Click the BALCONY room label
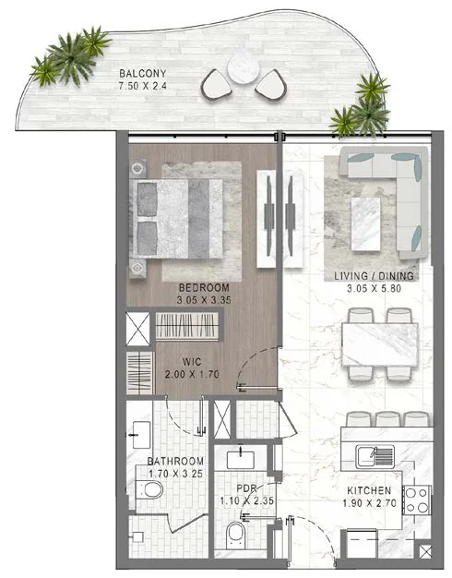click(143, 73)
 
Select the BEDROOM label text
click(204, 287)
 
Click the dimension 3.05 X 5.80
click(374, 288)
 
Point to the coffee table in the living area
click(365, 223)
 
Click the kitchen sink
click(375, 457)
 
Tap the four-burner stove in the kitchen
click(417, 500)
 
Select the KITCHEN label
click(369, 490)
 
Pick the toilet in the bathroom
click(149, 489)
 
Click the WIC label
click(192, 362)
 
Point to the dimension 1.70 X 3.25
click(175, 474)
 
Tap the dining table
click(380, 343)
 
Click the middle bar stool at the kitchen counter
click(387, 419)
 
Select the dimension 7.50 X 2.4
click(143, 86)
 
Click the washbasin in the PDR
click(241, 460)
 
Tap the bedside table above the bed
click(137, 168)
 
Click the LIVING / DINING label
click(374, 276)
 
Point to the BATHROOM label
click(175, 461)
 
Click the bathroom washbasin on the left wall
click(141, 435)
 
